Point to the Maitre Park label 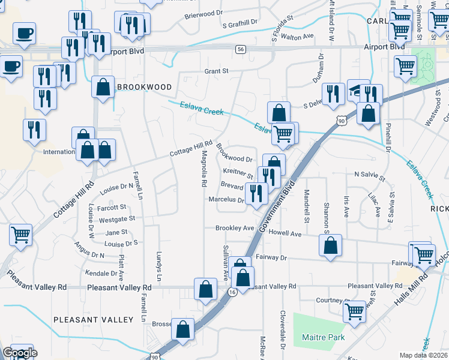coord(323,338)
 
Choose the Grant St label coord(217,71)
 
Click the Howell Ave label coord(285,233)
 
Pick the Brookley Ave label coord(235,228)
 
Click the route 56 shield coord(240,49)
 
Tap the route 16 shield coord(232,292)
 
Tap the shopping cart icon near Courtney coord(354,311)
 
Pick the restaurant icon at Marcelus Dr coord(256,193)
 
